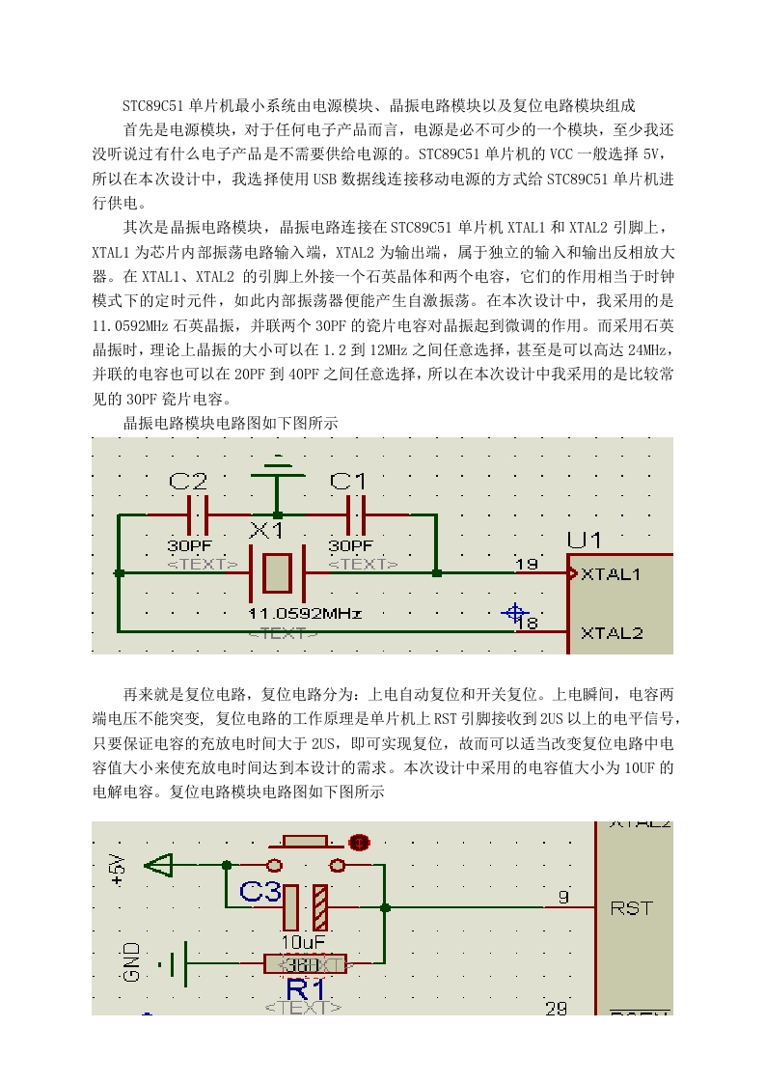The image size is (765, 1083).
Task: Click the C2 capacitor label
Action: [x=188, y=481]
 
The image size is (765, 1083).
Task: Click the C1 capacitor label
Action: [x=348, y=481]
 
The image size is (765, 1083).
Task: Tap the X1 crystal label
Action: [x=266, y=531]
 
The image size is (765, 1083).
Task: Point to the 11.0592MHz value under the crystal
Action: [x=305, y=613]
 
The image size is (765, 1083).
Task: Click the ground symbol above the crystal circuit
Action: [x=278, y=470]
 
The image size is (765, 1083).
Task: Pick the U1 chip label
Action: [x=584, y=541]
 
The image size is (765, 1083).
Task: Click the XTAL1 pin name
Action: [x=611, y=574]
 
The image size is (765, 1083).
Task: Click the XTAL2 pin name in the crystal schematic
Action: [x=612, y=632]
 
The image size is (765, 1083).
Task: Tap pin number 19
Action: [x=527, y=564]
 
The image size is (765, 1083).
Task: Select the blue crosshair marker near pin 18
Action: [x=514, y=612]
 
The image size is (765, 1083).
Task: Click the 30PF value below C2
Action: [x=189, y=545]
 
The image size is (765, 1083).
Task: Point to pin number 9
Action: [x=563, y=897]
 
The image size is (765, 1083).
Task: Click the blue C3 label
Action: [x=260, y=892]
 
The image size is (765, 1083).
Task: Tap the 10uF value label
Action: [x=303, y=941]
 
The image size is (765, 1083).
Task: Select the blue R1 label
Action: [x=306, y=988]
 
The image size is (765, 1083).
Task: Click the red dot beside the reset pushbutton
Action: [x=359, y=843]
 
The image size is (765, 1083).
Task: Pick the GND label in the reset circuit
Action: [x=131, y=961]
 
